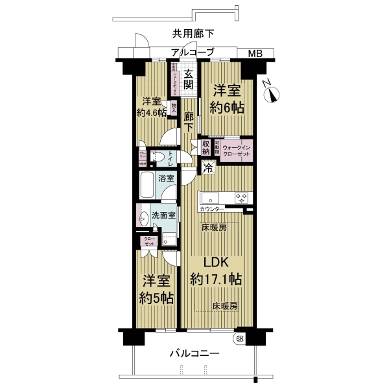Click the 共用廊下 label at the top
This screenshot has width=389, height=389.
193,34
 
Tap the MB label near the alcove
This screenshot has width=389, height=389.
254,54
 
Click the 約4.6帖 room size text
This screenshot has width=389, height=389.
152,112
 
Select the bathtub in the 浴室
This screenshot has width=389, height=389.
147,186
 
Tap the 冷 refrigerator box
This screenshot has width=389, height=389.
208,168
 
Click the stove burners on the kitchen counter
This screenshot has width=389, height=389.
241,197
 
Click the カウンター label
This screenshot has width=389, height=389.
212,209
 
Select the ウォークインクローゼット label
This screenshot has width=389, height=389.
236,150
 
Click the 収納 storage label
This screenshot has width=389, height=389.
206,147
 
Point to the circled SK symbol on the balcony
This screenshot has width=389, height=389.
239,338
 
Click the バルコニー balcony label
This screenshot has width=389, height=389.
194,354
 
